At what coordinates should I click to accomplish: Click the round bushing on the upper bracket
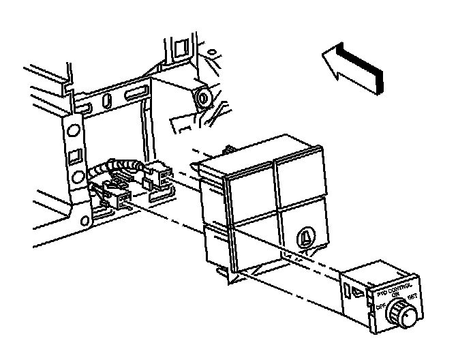pos(202,97)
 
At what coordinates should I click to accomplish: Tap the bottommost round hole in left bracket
pos(84,220)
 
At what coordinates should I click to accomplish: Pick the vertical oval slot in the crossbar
pos(106,101)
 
